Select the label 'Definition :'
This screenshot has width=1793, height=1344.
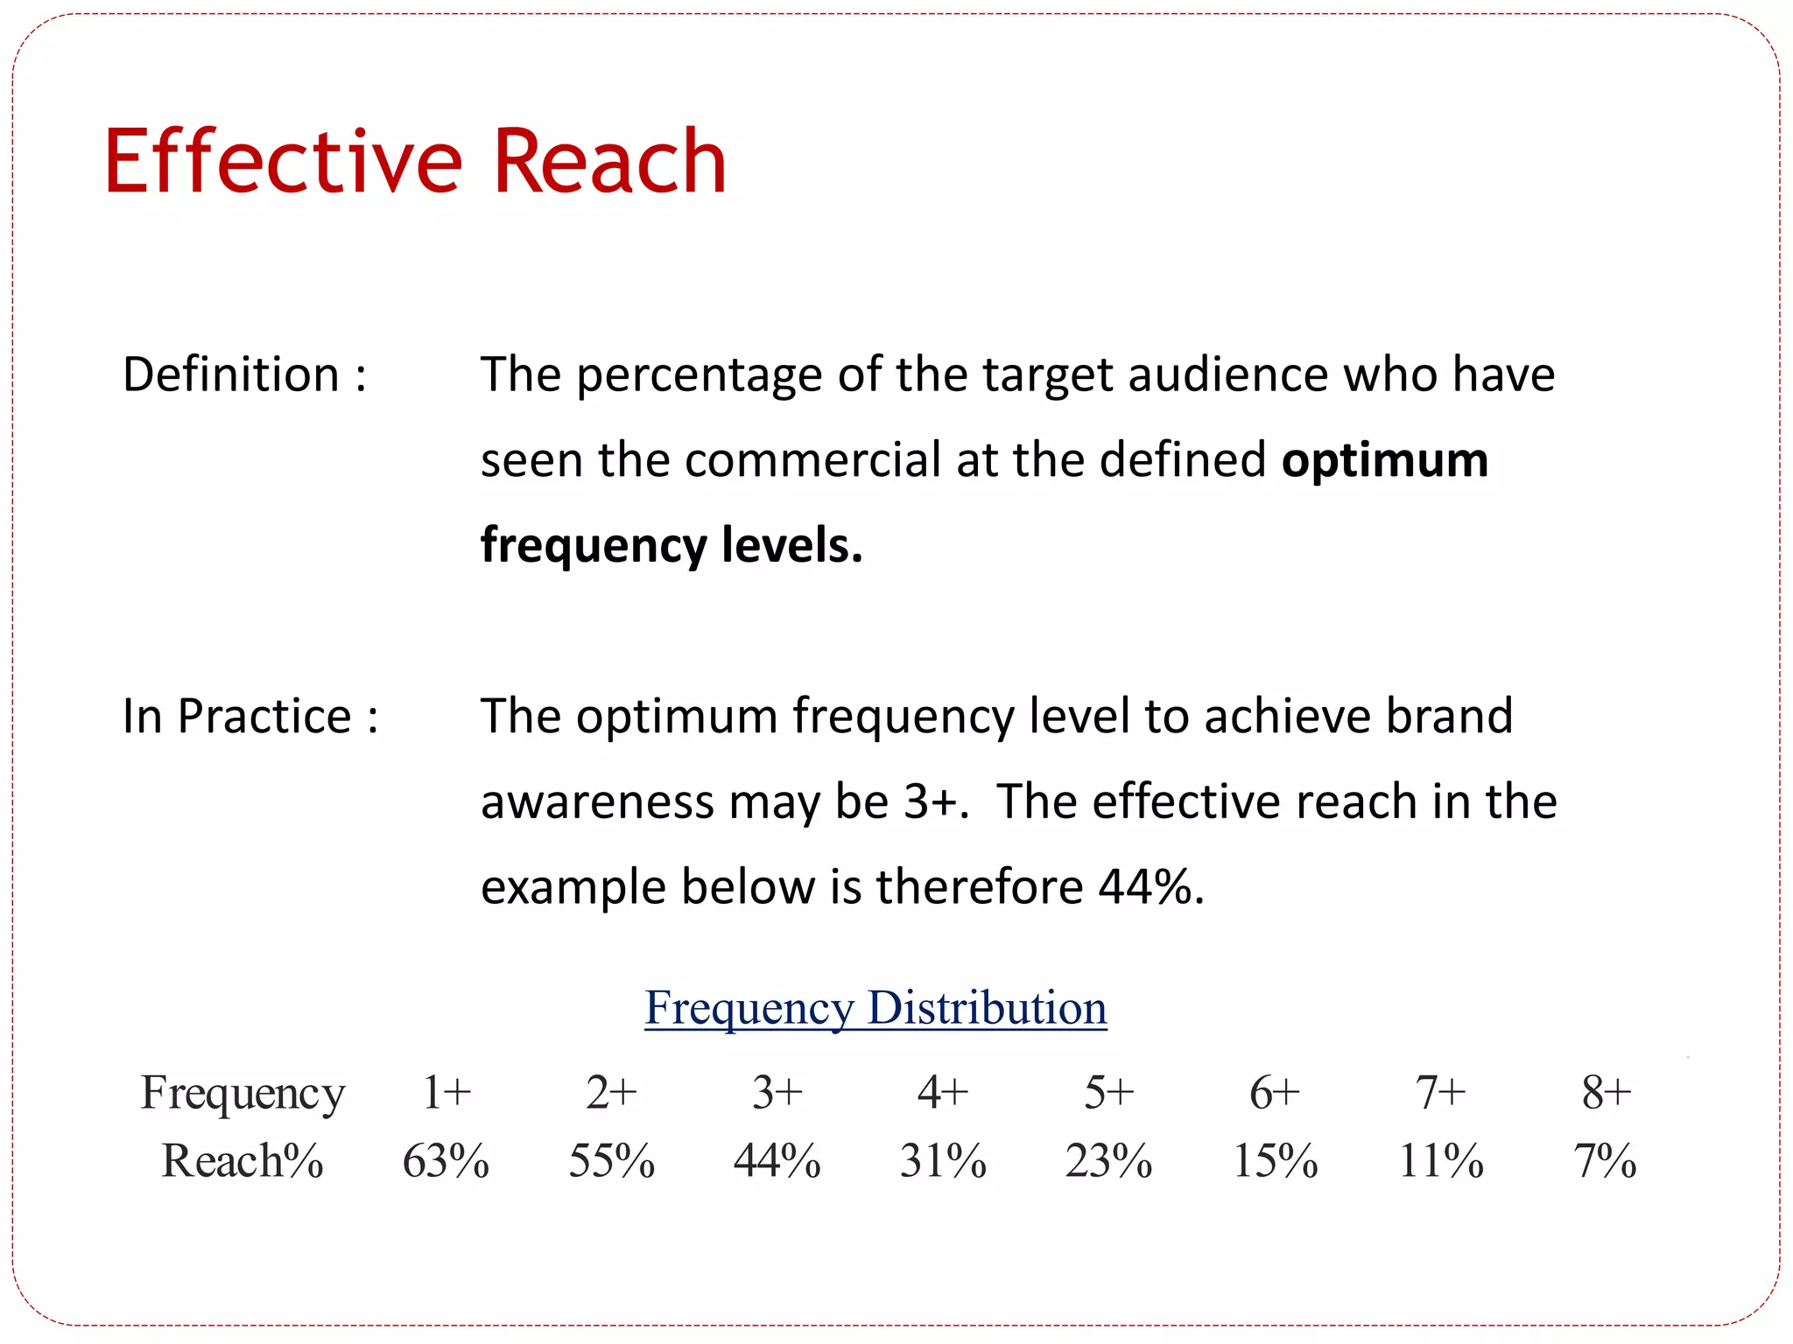pyautogui.click(x=244, y=374)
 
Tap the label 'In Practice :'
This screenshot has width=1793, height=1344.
pyautogui.click(x=250, y=716)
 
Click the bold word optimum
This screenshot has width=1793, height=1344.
pyautogui.click(x=1384, y=460)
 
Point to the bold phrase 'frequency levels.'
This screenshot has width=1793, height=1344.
pyautogui.click(x=671, y=545)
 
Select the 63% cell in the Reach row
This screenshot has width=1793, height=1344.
pyautogui.click(x=446, y=1161)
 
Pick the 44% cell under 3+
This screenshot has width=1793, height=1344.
pyautogui.click(x=777, y=1161)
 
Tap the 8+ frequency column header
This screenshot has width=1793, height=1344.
pyautogui.click(x=1607, y=1092)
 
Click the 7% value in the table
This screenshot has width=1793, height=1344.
pyautogui.click(x=1605, y=1161)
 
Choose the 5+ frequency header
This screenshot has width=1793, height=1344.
pyautogui.click(x=1108, y=1092)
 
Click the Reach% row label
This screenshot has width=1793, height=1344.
pyautogui.click(x=243, y=1161)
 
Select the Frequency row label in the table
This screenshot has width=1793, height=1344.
pyautogui.click(x=243, y=1094)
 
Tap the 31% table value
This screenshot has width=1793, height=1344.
pyautogui.click(x=943, y=1161)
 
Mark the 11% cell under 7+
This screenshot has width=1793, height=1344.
pyautogui.click(x=1441, y=1161)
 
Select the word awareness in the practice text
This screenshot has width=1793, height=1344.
pyautogui.click(x=597, y=801)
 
